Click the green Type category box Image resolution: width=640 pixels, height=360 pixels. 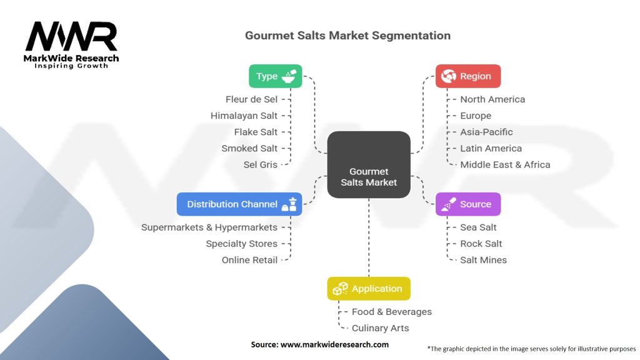coord(275,76)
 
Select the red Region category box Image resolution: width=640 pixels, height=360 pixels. coord(468,76)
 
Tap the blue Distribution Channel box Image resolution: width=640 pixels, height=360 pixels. coord(239,204)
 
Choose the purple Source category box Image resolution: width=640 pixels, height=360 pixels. coord(468,204)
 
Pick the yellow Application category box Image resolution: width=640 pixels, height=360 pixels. coord(369,289)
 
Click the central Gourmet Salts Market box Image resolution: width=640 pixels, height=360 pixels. coord(369,164)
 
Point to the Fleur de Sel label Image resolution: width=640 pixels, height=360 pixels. coord(251,99)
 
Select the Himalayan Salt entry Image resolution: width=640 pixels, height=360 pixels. coord(244,116)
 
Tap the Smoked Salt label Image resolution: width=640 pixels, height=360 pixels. coord(249,148)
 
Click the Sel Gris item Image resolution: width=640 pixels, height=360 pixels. coord(260,164)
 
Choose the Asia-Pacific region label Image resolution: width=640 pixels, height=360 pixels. coord(486,132)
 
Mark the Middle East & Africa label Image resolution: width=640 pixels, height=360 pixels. coord(505,164)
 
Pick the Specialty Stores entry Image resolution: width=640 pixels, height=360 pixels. coord(241,244)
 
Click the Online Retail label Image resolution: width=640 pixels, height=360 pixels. coord(249,260)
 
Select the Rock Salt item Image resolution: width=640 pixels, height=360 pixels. coord(481,244)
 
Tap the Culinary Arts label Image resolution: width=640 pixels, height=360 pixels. coord(380,328)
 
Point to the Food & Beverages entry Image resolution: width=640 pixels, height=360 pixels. coord(391,312)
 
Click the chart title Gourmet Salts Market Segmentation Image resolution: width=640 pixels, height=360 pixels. coord(347,36)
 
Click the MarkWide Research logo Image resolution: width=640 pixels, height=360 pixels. coord(71,44)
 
